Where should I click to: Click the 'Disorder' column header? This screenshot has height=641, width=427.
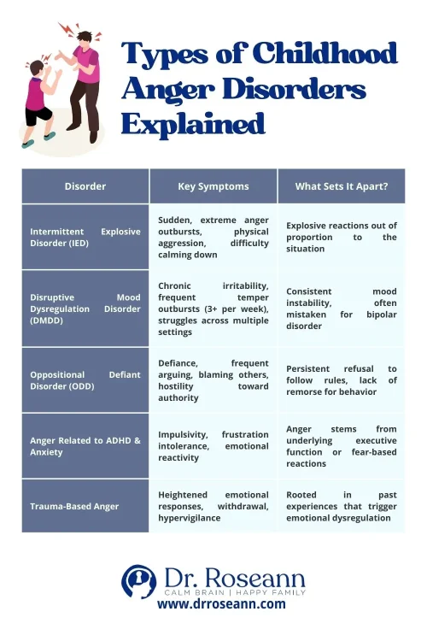point(85,186)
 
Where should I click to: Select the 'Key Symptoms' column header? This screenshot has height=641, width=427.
point(213,186)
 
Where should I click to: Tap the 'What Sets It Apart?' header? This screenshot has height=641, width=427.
point(342,186)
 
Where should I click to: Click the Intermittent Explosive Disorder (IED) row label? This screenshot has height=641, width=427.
point(85,237)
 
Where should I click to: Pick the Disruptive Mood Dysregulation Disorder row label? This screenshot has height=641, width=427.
point(85,309)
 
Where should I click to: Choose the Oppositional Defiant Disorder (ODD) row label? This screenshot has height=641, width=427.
point(85,380)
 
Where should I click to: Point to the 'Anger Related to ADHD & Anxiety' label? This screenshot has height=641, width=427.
point(85,446)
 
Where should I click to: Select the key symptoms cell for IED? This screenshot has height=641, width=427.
point(213,237)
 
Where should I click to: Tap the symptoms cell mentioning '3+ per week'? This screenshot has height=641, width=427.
point(213,309)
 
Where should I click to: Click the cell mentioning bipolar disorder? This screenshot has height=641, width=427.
point(342,309)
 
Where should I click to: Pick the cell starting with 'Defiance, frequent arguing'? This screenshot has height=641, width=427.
point(213,380)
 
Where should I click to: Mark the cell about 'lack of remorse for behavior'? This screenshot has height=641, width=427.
point(342,380)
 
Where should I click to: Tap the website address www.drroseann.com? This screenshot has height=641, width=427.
point(221,604)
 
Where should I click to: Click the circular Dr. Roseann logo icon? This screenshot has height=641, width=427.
point(137,581)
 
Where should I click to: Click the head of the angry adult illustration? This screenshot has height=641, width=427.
point(83,38)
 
